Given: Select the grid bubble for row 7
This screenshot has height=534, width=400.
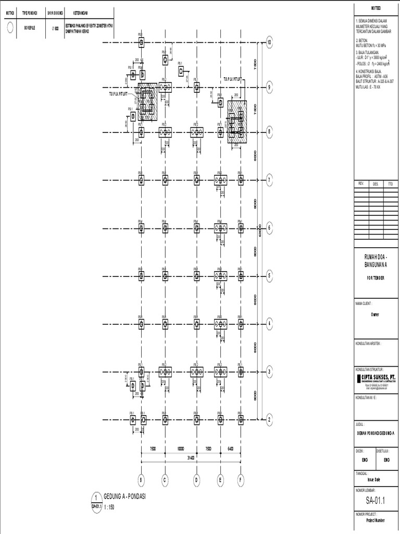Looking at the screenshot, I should pos(269,180).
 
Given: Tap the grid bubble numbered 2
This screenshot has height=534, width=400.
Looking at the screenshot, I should pos(269,419).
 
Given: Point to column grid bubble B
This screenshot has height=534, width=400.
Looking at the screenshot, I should pos(141,480).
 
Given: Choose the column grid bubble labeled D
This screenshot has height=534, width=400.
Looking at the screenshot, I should pos(196,480).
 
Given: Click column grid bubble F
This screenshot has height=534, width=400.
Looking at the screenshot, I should pos(241,480).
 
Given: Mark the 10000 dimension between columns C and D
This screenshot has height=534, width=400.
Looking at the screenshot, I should pos(181,448).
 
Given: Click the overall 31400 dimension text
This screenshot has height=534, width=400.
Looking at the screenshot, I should pos(191,458).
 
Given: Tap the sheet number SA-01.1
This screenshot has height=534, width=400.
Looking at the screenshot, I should pos(376,501).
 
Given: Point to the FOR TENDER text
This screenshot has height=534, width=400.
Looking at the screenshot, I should pos(376,278).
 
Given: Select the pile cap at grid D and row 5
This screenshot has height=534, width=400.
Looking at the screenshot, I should pos(196,276).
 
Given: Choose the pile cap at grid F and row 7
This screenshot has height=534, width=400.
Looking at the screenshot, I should pos(241,180).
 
